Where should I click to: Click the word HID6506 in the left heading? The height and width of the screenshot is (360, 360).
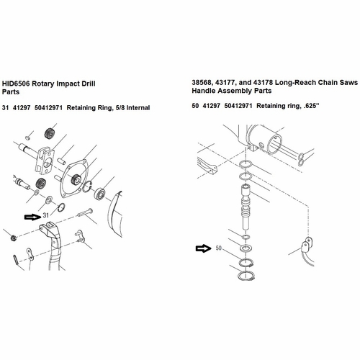tap(16, 84)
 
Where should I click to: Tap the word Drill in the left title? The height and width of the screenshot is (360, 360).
tap(89, 84)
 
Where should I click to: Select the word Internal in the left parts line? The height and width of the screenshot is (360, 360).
tap(138, 108)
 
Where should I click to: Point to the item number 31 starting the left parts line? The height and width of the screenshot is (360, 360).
tap(5, 108)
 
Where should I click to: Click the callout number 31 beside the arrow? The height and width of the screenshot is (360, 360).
tap(46, 215)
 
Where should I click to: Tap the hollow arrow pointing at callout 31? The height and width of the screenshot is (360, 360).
tap(33, 217)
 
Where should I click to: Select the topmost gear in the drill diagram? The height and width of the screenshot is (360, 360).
tap(50, 133)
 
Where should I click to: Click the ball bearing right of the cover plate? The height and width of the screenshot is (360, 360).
tap(100, 193)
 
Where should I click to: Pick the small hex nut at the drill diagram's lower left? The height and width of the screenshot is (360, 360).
tap(14, 238)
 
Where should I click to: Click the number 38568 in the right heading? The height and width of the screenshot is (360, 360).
tap(202, 83)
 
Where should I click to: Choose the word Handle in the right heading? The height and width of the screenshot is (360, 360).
tap(202, 91)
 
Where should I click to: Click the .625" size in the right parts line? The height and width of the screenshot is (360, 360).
tap(311, 106)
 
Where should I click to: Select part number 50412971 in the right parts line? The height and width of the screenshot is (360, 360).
tap(238, 106)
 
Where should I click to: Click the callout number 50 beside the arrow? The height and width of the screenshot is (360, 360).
tap(218, 248)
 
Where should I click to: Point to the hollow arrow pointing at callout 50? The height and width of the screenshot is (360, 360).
tap(204, 248)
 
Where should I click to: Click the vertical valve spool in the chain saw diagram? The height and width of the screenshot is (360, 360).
tap(247, 207)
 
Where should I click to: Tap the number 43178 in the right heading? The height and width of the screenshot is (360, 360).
tap(262, 83)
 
